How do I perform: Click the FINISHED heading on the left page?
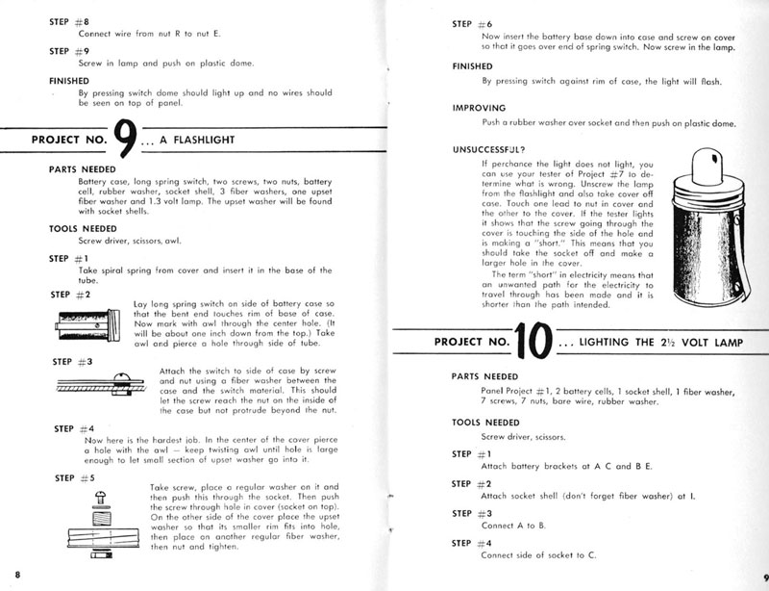click(x=68, y=80)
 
